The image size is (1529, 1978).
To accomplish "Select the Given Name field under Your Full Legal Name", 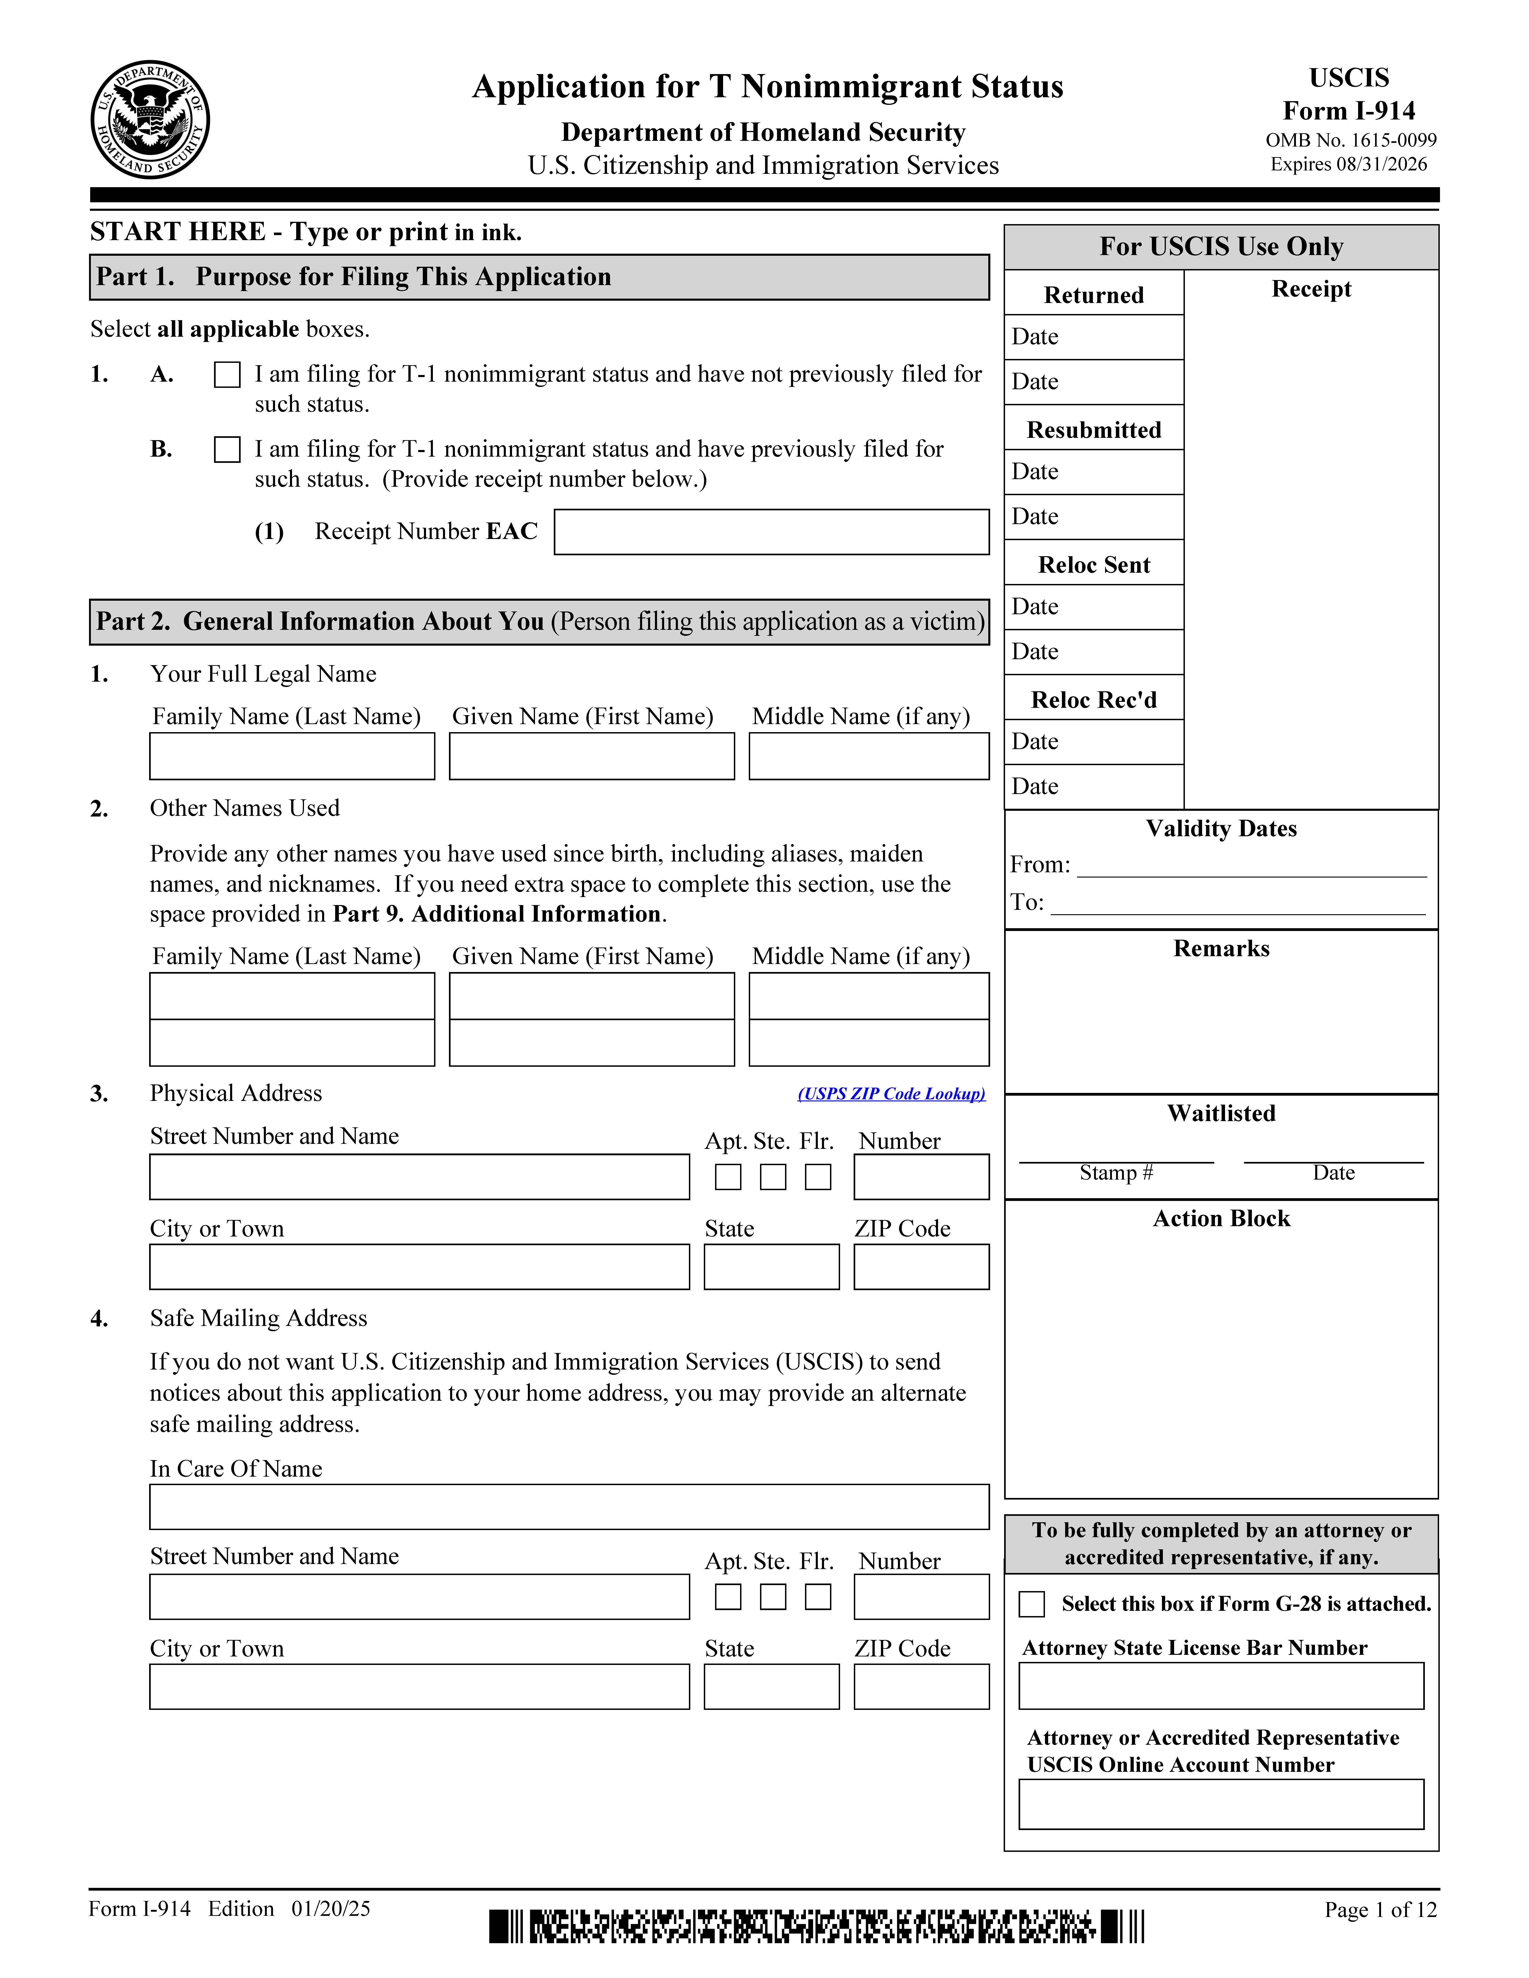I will click(591, 756).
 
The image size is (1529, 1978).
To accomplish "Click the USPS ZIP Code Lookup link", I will click(891, 1094).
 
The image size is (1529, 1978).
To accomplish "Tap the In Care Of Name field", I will click(569, 1507).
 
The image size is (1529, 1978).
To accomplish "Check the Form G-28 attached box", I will click(1032, 1604).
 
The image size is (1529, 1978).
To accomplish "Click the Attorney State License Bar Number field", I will click(1221, 1686).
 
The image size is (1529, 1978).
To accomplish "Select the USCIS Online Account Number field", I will click(1221, 1804).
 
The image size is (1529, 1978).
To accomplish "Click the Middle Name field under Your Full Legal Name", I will click(869, 756).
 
